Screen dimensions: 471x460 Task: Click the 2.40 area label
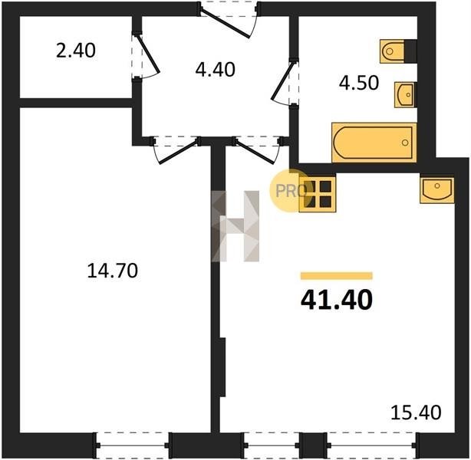pyautogui.click(x=76, y=51)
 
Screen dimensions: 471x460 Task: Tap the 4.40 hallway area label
pyautogui.click(x=215, y=70)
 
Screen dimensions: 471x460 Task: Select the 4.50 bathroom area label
pyautogui.click(x=359, y=83)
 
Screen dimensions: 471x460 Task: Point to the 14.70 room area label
pyautogui.click(x=113, y=270)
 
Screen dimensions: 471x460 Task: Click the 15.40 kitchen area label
pyautogui.click(x=416, y=412)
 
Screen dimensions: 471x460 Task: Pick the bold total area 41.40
pyautogui.click(x=337, y=300)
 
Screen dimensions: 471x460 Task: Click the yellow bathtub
pyautogui.click(x=374, y=143)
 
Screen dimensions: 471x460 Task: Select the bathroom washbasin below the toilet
pyautogui.click(x=404, y=94)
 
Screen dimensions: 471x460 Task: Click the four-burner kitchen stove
pyautogui.click(x=318, y=194)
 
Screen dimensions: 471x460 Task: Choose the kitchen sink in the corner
pyautogui.click(x=437, y=190)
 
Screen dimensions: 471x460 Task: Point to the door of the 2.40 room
pyautogui.click(x=148, y=56)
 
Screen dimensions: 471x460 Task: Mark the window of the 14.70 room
pyautogui.click(x=132, y=446)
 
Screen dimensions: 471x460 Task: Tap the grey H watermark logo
pyautogui.click(x=235, y=226)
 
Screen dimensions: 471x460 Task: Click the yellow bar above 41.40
pyautogui.click(x=337, y=276)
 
